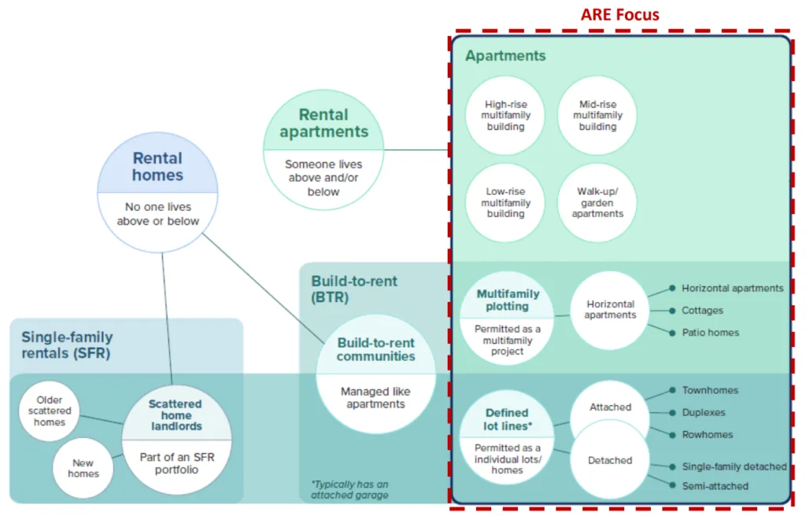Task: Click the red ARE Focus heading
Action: click(619, 14)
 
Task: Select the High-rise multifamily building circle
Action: click(505, 116)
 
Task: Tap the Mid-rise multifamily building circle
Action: click(597, 116)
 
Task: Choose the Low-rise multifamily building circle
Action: click(505, 203)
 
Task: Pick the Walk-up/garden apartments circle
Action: click(597, 203)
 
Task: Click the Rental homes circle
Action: click(157, 192)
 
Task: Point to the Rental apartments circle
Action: click(324, 150)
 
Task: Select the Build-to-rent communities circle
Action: click(375, 374)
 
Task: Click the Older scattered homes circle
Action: click(50, 411)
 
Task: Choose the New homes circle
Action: click(83, 468)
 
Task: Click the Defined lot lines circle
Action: click(507, 440)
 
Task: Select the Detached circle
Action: click(610, 460)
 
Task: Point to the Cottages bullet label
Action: click(702, 311)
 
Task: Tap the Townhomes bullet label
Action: click(710, 390)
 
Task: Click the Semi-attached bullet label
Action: click(715, 486)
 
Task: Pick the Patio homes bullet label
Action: click(710, 333)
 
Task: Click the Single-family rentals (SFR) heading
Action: click(66, 345)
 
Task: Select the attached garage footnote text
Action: click(349, 490)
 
